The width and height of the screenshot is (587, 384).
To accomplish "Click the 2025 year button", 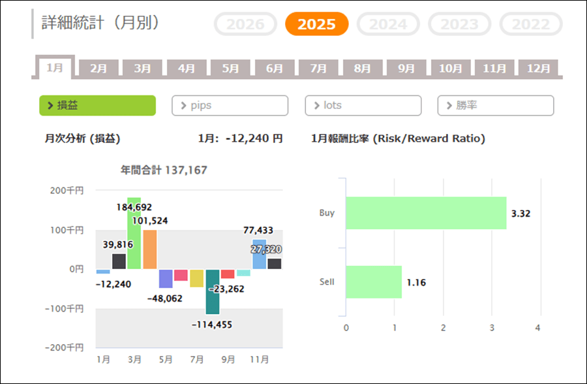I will pos(317,25).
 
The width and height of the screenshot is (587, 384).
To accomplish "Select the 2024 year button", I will pos(388,25).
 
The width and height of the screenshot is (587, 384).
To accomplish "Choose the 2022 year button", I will pos(530,25).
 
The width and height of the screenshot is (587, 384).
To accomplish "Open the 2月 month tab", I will pos(98,68).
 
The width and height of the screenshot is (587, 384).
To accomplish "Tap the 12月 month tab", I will pos(538,68).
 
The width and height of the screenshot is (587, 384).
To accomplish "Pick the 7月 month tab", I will pos(318,68).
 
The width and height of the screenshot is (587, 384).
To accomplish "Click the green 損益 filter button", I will pos(98,105).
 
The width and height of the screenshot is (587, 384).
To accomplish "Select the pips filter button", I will pos(230,105).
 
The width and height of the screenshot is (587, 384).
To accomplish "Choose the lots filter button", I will pos(363,105).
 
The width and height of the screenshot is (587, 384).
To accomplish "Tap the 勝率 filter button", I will pos(496,105).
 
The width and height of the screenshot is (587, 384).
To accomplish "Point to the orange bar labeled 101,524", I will pos(149,249).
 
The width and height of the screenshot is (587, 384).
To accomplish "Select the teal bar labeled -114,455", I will pos(212,292).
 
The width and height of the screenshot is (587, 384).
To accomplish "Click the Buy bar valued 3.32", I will pos(426,213).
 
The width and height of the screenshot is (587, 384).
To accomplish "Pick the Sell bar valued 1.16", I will pos(374,282).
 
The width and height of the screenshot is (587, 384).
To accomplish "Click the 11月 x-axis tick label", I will pos(259,360).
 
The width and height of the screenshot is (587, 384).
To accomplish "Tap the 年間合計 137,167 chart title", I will pos(164,170).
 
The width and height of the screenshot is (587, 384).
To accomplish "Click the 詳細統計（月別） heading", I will pos(100,23).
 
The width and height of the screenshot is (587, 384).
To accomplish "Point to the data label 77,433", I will pos(259,230).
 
